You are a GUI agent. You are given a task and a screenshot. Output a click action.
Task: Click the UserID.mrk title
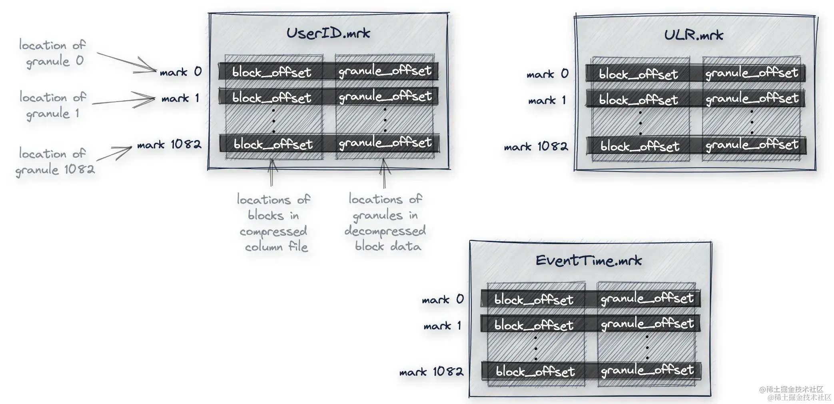click(328, 33)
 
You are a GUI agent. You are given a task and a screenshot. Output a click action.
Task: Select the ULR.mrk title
click(693, 35)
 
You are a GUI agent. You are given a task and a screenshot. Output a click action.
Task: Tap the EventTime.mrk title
click(589, 261)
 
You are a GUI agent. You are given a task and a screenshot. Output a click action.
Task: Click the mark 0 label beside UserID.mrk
click(181, 72)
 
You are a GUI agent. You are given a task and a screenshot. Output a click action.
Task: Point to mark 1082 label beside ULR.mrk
click(536, 147)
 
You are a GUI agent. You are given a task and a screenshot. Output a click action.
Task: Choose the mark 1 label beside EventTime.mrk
click(442, 326)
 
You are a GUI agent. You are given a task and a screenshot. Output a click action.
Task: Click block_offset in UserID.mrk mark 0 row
click(271, 72)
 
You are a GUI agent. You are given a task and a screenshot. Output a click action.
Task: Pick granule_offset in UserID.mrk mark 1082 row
click(385, 143)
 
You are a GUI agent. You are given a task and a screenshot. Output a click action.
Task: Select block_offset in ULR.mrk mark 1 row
click(638, 100)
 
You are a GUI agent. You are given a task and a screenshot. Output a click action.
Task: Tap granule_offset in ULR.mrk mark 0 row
click(752, 73)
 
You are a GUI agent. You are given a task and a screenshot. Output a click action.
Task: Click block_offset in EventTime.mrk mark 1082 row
click(535, 372)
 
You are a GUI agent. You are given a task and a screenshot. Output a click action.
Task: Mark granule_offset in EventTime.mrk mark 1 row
click(647, 324)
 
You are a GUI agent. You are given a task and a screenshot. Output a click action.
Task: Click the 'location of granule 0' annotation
click(52, 53)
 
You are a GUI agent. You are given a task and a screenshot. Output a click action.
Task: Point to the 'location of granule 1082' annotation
click(55, 162)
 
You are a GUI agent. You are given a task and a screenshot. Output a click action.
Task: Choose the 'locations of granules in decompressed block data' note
click(385, 222)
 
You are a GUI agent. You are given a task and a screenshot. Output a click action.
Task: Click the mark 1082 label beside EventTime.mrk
click(431, 372)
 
